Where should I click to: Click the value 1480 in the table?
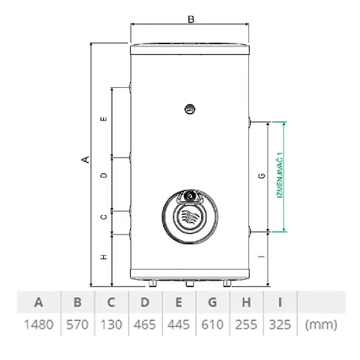point(39,324)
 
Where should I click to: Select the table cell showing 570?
point(77,324)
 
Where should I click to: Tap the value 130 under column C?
point(111,324)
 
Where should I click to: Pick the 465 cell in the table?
point(144,324)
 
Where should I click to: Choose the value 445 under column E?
point(178,324)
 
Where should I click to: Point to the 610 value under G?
point(212,324)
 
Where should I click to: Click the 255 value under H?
point(246,324)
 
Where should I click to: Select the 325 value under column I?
point(280,324)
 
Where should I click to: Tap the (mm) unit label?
point(321,325)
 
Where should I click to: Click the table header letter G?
point(212,302)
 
